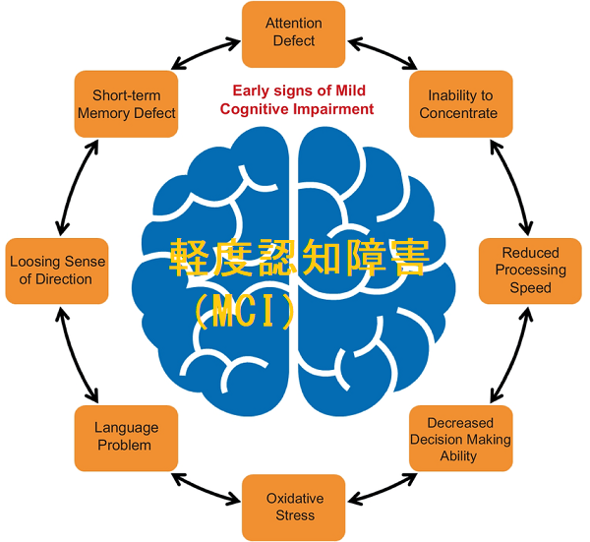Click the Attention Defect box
pyautogui.click(x=294, y=32)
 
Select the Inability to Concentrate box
pyautogui.click(x=460, y=103)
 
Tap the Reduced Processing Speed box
pyautogui.click(x=530, y=271)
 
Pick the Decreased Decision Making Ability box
pyautogui.click(x=460, y=438)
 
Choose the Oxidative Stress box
pyautogui.click(x=294, y=507)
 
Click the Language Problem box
pyautogui.click(x=127, y=437)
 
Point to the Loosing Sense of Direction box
pyautogui.click(x=57, y=271)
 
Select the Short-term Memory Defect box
pyautogui.click(x=127, y=103)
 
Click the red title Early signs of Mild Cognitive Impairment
pyautogui.click(x=297, y=99)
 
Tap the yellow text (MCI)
pyautogui.click(x=245, y=311)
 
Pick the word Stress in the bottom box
pyautogui.click(x=294, y=515)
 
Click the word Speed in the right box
pyautogui.click(x=530, y=288)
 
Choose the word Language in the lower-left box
pyautogui.click(x=127, y=428)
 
